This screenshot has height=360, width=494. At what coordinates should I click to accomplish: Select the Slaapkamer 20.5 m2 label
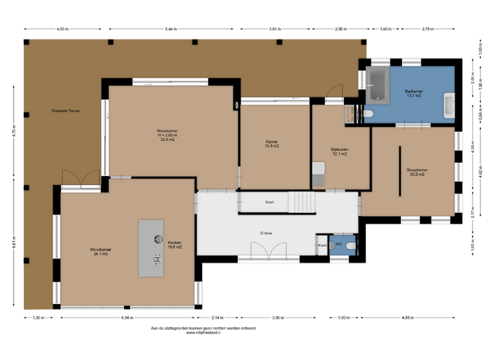pyautogui.click(x=417, y=172)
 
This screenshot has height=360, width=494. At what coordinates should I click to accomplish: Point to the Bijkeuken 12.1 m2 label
pyautogui.click(x=339, y=152)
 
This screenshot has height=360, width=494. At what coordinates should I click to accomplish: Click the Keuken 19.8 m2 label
pyautogui.click(x=175, y=244)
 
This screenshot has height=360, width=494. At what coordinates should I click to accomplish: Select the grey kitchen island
pyautogui.click(x=151, y=248)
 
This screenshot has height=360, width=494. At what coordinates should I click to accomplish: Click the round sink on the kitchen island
pyautogui.click(x=158, y=239)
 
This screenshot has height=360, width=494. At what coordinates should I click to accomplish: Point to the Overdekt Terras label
pyautogui.click(x=65, y=111)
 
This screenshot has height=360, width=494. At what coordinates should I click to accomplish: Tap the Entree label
pyautogui.click(x=266, y=233)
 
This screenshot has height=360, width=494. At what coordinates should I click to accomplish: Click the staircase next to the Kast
pyautogui.click(x=302, y=203)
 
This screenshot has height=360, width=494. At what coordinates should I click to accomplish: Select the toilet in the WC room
pyautogui.click(x=349, y=246)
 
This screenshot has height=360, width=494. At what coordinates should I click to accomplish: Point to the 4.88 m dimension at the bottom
pyautogui.click(x=407, y=318)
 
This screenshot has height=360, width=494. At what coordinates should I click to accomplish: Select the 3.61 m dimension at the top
pyautogui.click(x=274, y=30)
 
